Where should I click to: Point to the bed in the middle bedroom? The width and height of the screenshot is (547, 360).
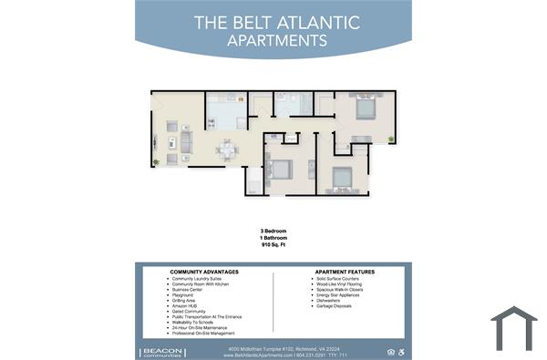coord(279,169)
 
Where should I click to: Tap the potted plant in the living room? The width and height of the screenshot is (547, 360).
coord(156,162)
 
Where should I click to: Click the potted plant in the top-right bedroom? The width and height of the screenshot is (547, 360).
coord(391,139)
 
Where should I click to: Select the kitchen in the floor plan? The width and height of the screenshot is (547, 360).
coord(224,111)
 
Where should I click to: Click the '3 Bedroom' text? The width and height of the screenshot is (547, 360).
coord(273,231)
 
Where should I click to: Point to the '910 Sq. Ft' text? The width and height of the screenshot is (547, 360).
coord(273,246)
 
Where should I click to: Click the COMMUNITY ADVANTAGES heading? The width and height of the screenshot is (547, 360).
coord(204,272)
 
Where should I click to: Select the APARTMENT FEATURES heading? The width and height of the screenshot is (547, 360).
coord(345,272)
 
